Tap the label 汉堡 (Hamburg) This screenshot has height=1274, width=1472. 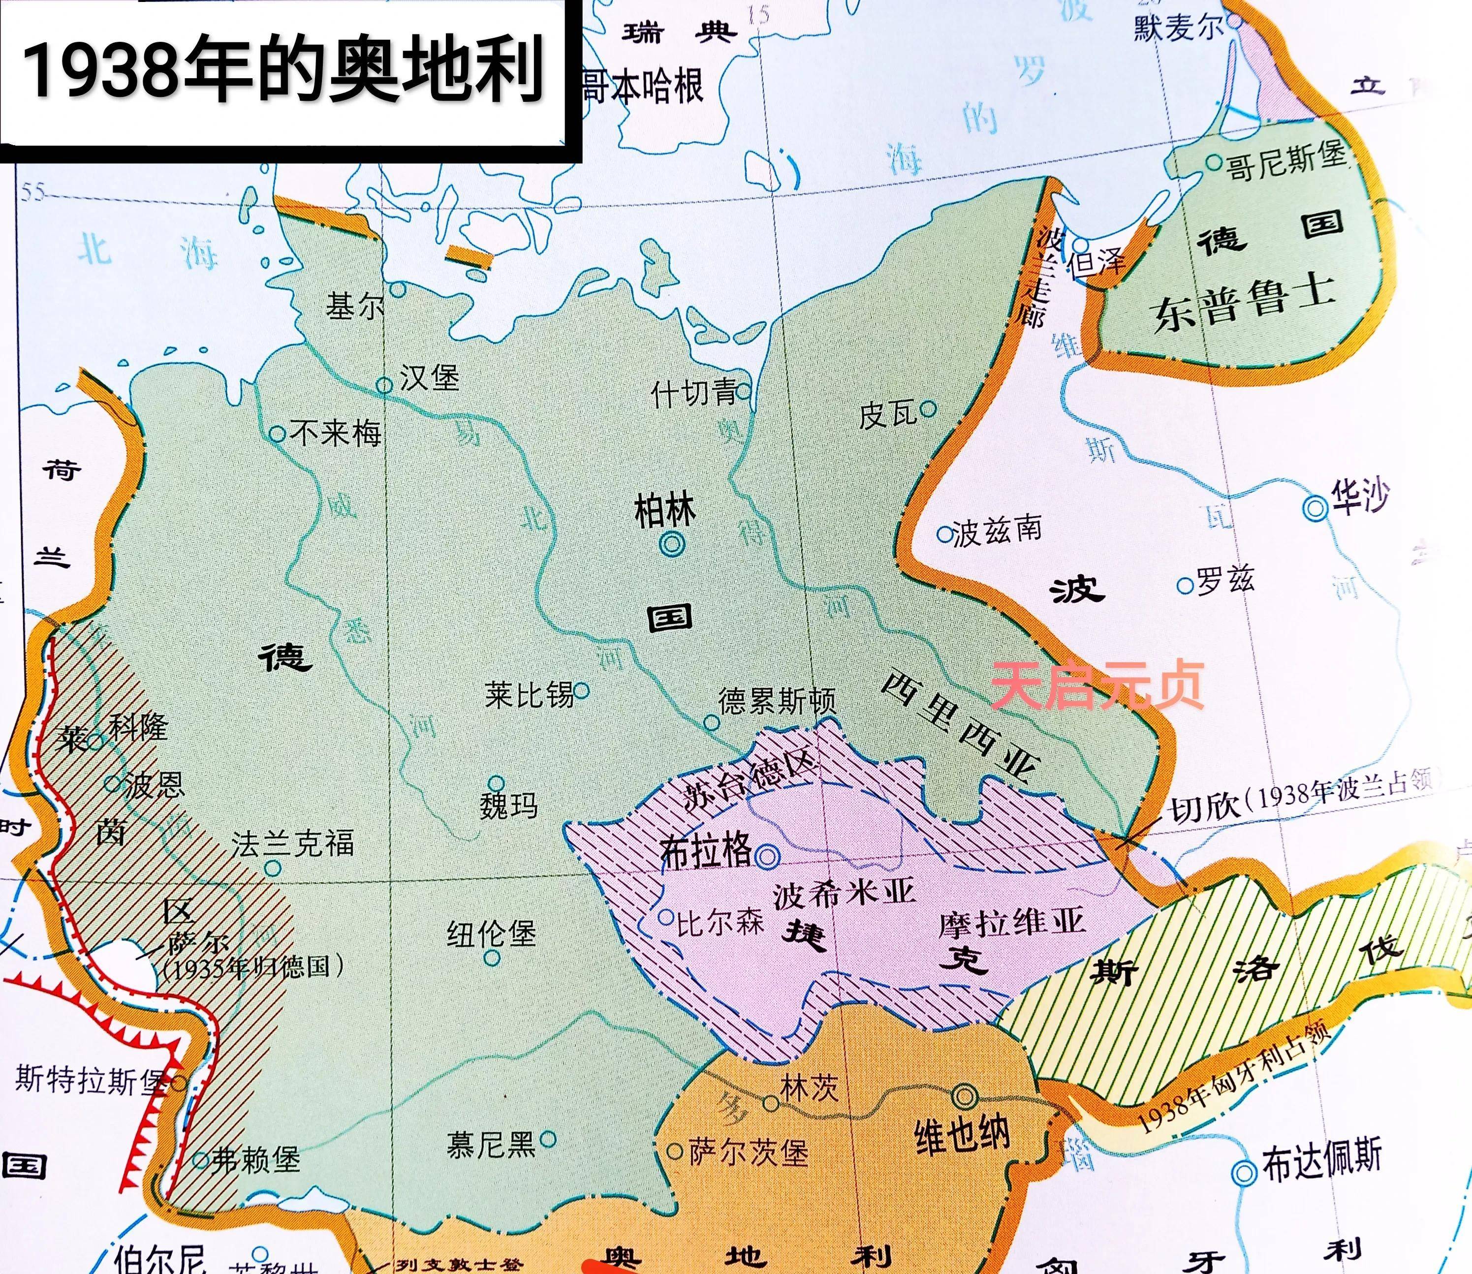tap(428, 377)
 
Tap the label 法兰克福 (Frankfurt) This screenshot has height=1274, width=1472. tap(292, 843)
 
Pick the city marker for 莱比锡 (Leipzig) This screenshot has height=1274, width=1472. tap(582, 689)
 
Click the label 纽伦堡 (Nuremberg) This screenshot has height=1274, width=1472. tap(491, 934)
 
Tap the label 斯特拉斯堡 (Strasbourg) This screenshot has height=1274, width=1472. tap(89, 1081)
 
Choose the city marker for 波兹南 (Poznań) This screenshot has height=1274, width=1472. tap(943, 534)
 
